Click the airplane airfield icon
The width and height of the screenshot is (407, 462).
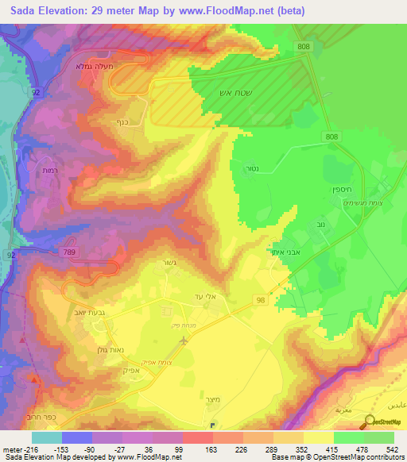pyautogui.click(x=184, y=341)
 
